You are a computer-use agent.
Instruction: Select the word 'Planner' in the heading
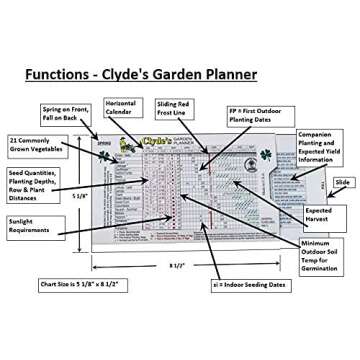click(x=228, y=74)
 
